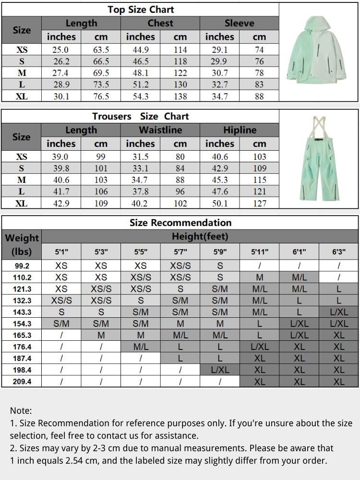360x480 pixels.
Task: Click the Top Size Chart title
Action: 141,10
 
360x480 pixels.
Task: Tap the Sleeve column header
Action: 239,23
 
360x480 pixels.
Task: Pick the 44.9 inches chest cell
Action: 140,50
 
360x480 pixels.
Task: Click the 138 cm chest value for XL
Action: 180,96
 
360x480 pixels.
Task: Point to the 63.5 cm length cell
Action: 101,50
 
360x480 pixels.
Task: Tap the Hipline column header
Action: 239,130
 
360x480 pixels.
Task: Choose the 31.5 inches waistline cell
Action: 140,157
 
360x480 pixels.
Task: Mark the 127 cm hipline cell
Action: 259,203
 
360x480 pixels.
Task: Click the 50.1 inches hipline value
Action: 219,203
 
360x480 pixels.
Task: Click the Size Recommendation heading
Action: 180,223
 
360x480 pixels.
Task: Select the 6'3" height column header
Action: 339,251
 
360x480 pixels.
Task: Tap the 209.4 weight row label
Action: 22,382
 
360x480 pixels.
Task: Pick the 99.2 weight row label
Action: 22,265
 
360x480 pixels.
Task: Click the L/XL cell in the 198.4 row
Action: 220,370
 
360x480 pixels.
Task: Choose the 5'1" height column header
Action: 61,251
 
